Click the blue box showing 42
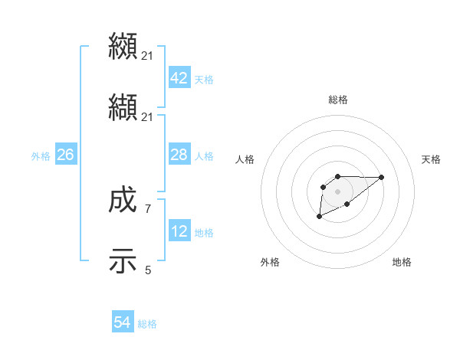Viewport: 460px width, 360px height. click(x=179, y=78)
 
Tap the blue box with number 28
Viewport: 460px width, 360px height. click(x=179, y=155)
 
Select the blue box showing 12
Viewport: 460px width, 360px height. click(x=179, y=231)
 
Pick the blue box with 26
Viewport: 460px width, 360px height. click(x=65, y=155)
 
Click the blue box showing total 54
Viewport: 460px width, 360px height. click(x=122, y=322)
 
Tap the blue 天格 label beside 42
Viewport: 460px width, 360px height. click(x=204, y=80)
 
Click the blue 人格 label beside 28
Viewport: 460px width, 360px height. click(x=204, y=156)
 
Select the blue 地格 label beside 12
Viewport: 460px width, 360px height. click(x=204, y=233)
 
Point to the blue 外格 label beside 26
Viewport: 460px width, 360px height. click(x=41, y=156)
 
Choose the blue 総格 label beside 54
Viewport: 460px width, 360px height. click(x=147, y=324)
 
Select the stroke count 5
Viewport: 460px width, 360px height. click(x=148, y=269)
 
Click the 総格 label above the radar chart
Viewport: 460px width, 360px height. click(x=338, y=100)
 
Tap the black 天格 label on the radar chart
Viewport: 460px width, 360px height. click(x=432, y=159)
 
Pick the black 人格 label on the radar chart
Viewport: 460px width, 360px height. click(x=245, y=159)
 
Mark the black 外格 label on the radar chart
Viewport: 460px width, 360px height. click(x=270, y=262)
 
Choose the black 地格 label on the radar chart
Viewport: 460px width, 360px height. click(x=402, y=262)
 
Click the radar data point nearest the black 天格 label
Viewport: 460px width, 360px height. click(x=382, y=177)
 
